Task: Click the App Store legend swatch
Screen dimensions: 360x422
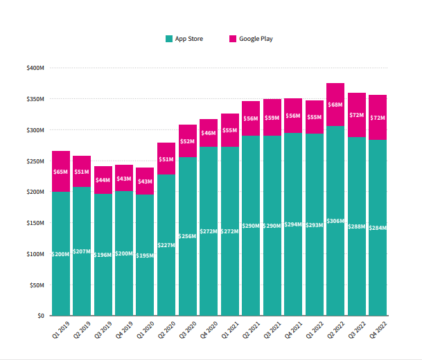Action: [x=169, y=39]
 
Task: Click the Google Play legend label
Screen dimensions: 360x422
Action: [x=256, y=39]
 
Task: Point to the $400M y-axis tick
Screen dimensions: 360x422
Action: [x=35, y=68]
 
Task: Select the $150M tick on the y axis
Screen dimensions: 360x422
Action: [x=35, y=223]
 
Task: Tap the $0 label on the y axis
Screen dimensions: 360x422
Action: [x=40, y=316]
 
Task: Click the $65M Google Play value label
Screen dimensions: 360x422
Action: [x=61, y=171]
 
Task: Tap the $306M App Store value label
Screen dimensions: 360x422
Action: [x=335, y=220]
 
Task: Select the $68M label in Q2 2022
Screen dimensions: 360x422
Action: [x=335, y=105]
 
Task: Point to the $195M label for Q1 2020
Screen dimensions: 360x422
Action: [x=145, y=255]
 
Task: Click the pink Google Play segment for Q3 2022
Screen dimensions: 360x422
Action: [x=356, y=115]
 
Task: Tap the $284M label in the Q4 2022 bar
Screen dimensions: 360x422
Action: [x=378, y=228]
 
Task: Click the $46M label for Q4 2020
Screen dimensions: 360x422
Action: [x=209, y=133]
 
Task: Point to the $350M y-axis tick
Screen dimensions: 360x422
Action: [x=35, y=99]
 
